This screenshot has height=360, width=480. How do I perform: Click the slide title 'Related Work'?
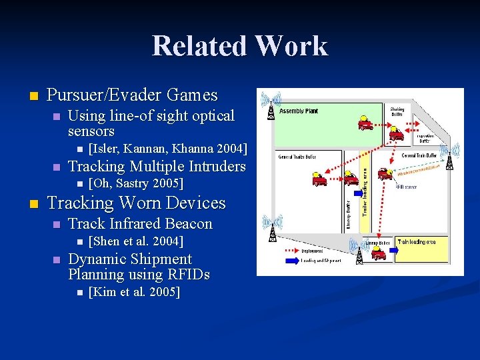coord(240,46)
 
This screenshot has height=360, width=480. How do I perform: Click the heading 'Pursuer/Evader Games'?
coord(132,95)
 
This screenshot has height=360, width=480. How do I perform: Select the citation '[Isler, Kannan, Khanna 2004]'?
coord(167,148)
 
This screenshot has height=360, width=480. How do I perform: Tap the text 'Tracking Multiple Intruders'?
coord(157,166)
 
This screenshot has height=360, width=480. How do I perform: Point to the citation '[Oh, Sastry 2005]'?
coord(135,183)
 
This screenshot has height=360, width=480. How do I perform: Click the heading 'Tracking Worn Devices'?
coord(137,203)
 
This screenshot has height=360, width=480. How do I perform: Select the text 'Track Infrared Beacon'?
coord(140,223)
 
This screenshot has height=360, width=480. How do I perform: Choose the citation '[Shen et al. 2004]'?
coord(135,241)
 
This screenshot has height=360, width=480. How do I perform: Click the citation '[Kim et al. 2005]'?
coord(133,292)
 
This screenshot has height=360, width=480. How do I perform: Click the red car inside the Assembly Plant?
coord(365,123)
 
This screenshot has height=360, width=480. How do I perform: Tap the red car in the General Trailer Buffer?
coord(319,179)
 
